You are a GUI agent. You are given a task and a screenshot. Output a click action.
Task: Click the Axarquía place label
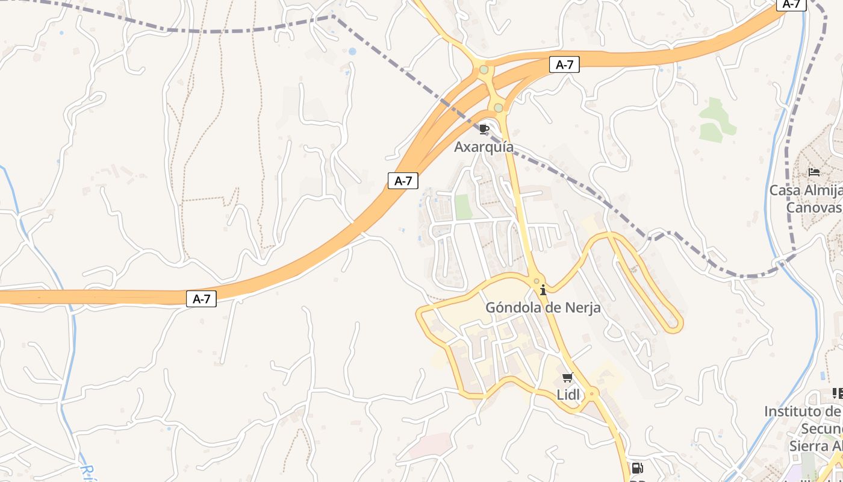(484, 147)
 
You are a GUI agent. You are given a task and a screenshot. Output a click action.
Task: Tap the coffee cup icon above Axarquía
(484, 128)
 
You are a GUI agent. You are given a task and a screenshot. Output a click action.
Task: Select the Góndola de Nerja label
(543, 308)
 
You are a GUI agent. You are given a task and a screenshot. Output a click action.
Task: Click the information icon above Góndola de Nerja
(543, 290)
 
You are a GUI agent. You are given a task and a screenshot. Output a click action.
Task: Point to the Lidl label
(568, 395)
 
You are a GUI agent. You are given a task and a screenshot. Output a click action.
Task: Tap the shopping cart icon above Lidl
(567, 378)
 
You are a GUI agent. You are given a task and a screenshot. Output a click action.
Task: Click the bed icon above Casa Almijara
(814, 172)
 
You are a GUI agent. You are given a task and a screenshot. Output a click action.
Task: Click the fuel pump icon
(637, 468)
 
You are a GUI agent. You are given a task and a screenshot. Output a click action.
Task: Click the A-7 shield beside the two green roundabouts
(564, 65)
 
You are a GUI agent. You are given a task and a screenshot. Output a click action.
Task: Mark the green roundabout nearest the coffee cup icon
(499, 108)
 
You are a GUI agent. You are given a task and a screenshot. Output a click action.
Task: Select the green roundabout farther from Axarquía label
(484, 70)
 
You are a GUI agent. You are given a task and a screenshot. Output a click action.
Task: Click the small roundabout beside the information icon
(536, 281)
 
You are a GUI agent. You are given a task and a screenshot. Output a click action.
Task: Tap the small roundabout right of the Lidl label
(592, 394)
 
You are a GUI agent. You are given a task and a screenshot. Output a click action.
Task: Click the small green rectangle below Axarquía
(463, 207)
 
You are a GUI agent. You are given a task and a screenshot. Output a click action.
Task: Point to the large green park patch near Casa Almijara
(716, 119)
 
